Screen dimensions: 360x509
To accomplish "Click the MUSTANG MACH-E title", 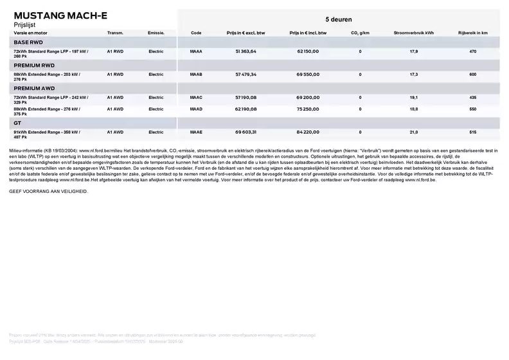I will (x=60, y=15).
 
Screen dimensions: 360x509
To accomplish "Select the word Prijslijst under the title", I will (x=26, y=24).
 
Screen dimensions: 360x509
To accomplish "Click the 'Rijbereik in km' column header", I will (x=472, y=32).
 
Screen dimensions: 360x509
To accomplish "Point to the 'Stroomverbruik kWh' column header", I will (x=413, y=32).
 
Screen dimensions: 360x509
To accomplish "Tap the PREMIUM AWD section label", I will (x=34, y=88).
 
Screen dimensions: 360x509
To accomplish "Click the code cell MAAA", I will (x=197, y=51).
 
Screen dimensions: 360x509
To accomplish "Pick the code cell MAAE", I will (x=197, y=132).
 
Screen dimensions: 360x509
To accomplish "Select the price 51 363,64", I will (x=246, y=51).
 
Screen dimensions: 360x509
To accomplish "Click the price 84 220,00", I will (x=308, y=132).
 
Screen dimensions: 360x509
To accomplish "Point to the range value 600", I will (x=472, y=75).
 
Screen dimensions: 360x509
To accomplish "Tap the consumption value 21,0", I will (x=414, y=132).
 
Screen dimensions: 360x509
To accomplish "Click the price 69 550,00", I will (x=308, y=75).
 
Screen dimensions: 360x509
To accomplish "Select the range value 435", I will (x=472, y=98).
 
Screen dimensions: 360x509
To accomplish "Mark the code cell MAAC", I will (x=197, y=98).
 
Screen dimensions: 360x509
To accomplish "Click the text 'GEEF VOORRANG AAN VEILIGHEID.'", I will (x=48, y=192).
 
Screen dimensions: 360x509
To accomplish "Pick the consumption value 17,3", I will (x=414, y=75).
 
